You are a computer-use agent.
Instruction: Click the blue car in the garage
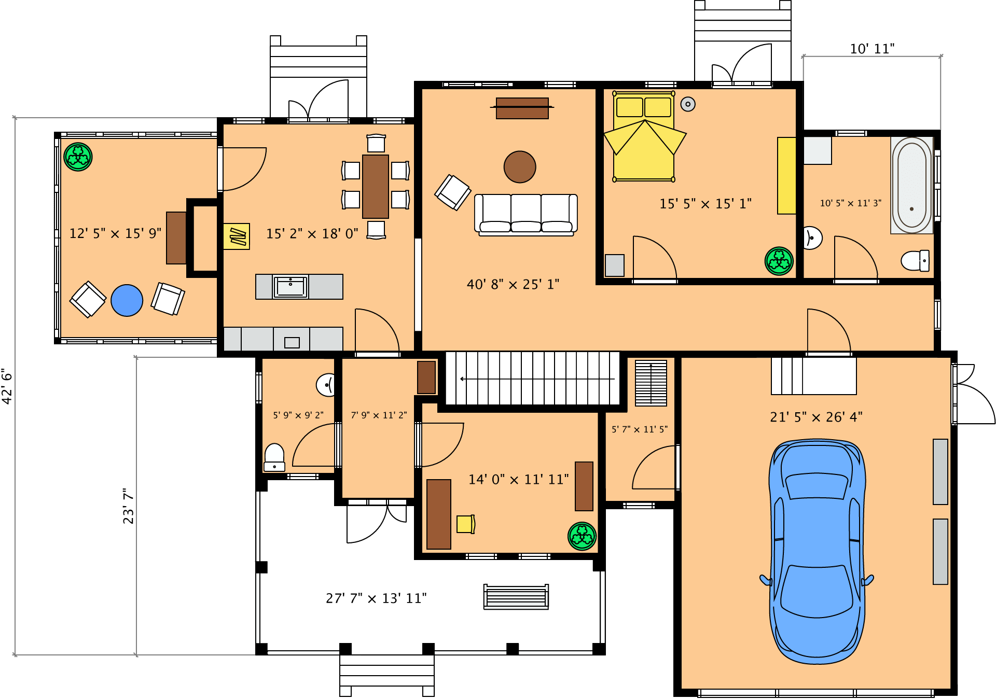coord(817,552)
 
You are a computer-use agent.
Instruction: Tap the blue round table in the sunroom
coord(127,300)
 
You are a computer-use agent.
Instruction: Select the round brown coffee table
coord(519,167)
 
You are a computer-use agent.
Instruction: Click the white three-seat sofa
coord(525,214)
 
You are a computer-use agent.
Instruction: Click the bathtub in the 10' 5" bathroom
coord(911,185)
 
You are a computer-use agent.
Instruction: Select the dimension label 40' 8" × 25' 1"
coord(513,285)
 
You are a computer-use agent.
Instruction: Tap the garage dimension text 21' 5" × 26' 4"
coord(815,417)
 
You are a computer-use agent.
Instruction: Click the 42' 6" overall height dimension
coord(7,386)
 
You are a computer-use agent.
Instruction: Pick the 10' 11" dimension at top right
coord(872,49)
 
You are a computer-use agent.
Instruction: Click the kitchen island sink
coord(290,287)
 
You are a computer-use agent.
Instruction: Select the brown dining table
coord(375,186)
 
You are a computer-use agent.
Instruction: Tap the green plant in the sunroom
coord(78,157)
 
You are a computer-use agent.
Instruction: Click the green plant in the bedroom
coord(779,261)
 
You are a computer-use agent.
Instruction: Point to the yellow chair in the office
coord(465,524)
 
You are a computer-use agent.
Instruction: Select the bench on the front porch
coord(516,597)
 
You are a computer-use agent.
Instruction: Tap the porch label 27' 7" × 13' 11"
coord(376,598)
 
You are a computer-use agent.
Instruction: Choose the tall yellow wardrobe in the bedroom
coord(786,175)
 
